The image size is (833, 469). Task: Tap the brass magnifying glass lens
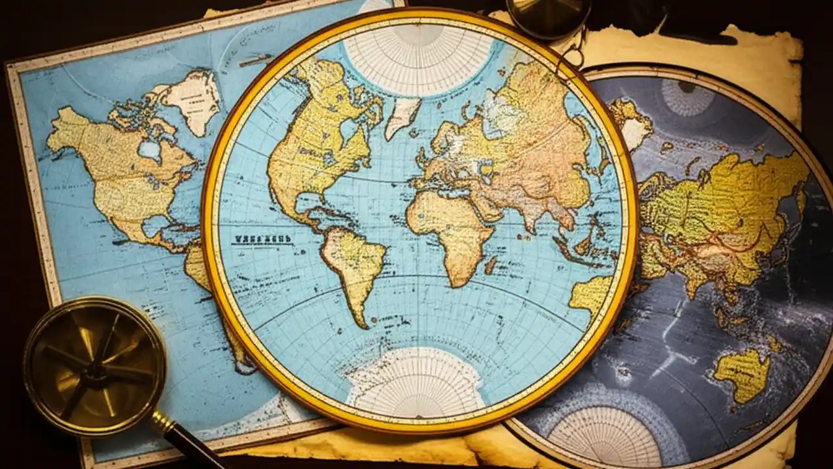tap(94, 365)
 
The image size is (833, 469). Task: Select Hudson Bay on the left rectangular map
tap(149, 150)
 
